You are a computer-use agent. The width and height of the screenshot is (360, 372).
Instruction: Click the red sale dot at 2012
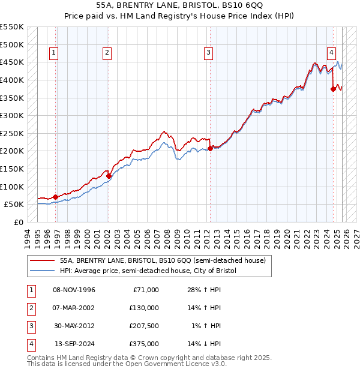(x=210, y=148)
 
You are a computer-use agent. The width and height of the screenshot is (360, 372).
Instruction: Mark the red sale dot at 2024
(x=333, y=89)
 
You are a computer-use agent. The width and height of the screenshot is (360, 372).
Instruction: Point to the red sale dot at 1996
(x=56, y=197)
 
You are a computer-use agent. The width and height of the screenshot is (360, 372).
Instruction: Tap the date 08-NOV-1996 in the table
(x=74, y=290)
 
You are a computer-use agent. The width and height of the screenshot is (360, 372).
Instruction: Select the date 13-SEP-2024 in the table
(x=74, y=344)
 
